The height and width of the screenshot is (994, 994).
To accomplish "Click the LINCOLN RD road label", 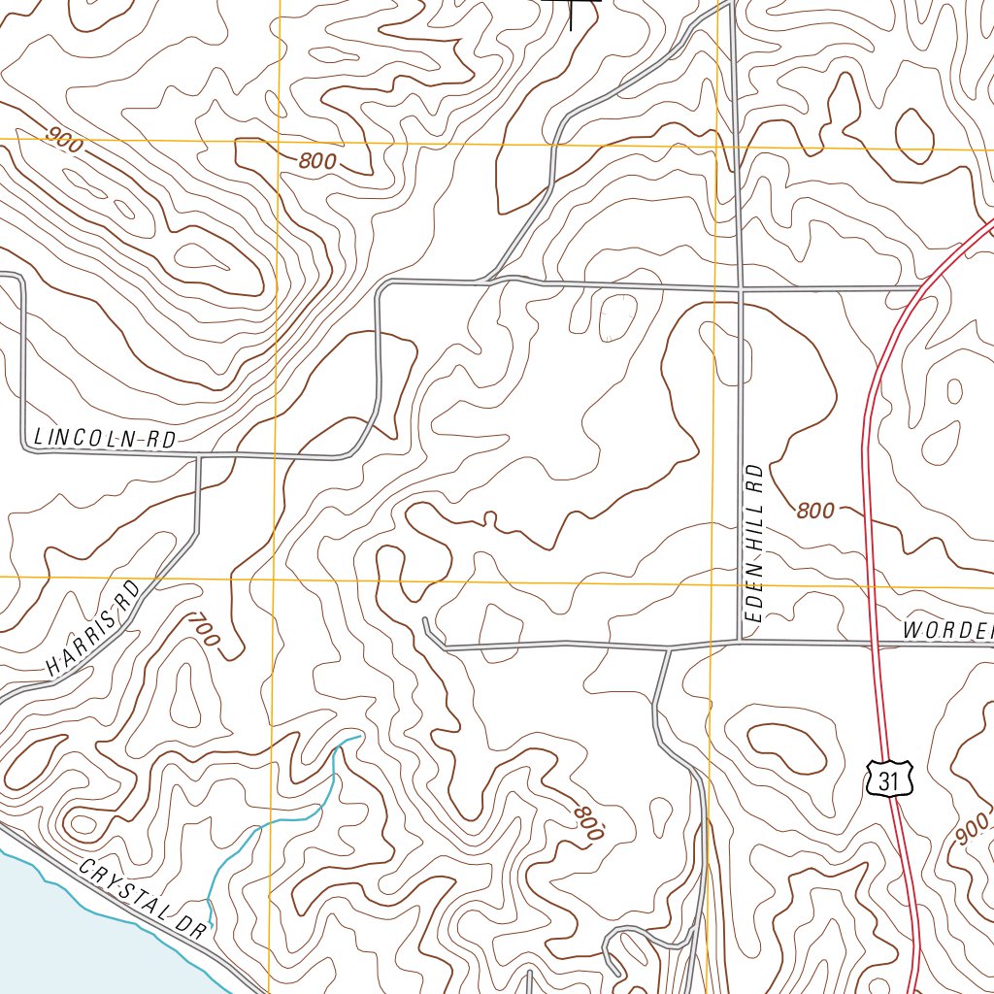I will pyautogui.click(x=105, y=439).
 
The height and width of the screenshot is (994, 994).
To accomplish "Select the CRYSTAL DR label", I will pyautogui.click(x=143, y=898).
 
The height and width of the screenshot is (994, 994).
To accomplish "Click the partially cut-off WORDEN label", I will pyautogui.click(x=946, y=630).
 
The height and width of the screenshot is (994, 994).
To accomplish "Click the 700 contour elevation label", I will pyautogui.click(x=205, y=630).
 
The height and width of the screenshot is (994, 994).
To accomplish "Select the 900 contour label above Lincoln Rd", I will pyautogui.click(x=64, y=142).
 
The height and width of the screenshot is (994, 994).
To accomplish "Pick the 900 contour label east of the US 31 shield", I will pyautogui.click(x=972, y=827).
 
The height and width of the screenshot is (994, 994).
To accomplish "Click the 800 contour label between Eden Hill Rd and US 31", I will pyautogui.click(x=814, y=511).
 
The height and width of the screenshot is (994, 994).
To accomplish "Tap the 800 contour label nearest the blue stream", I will pyautogui.click(x=588, y=822).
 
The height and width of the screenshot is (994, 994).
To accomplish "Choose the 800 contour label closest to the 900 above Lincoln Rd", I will pyautogui.click(x=317, y=161).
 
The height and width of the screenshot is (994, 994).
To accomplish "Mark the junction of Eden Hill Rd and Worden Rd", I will pyautogui.click(x=741, y=642).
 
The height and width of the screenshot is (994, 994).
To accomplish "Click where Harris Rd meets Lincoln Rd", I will pyautogui.click(x=198, y=455).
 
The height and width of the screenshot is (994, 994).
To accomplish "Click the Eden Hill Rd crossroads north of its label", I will pyautogui.click(x=740, y=288).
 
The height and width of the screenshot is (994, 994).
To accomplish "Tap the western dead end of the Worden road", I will pyautogui.click(x=425, y=618).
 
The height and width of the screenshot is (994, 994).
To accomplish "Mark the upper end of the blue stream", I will pyautogui.click(x=360, y=737).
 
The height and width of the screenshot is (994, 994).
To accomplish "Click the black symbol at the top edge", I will pyautogui.click(x=572, y=12).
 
